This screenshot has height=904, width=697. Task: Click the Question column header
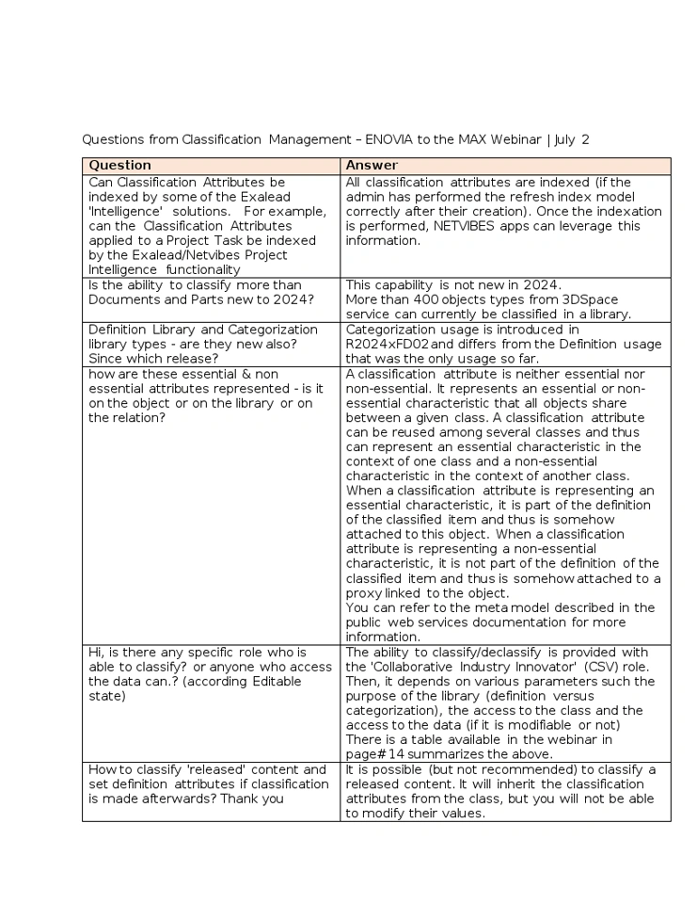119,166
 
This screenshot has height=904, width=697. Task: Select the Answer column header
372,166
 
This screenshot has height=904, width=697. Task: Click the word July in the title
564,139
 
